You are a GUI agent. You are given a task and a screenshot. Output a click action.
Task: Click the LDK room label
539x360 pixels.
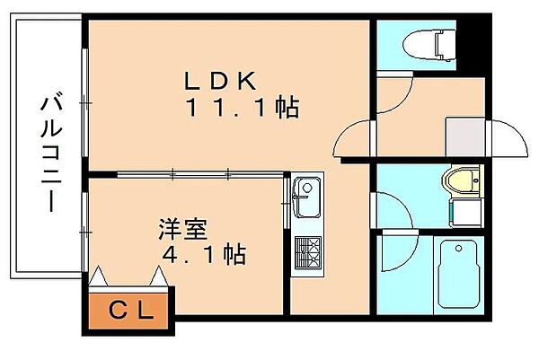click(221, 81)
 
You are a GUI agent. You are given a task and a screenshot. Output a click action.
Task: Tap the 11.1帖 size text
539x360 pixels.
click(242, 107)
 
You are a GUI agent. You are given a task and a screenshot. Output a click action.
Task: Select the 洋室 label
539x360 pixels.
click(183, 229)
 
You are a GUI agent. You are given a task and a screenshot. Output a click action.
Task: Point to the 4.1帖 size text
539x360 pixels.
click(204, 255)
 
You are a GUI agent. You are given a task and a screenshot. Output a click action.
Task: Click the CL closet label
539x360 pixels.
click(130, 311)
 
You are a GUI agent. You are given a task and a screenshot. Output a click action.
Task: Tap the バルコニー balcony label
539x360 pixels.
click(51, 151)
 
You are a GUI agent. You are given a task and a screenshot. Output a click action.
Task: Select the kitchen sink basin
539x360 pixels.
click(306, 198)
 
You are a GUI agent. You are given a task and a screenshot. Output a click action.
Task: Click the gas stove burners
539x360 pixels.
click(307, 252)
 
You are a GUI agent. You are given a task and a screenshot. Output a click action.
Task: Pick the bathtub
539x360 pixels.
click(458, 275)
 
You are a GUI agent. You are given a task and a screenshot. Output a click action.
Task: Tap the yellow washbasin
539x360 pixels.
click(463, 180)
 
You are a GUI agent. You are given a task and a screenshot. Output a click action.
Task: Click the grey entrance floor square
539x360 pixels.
click(465, 137)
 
